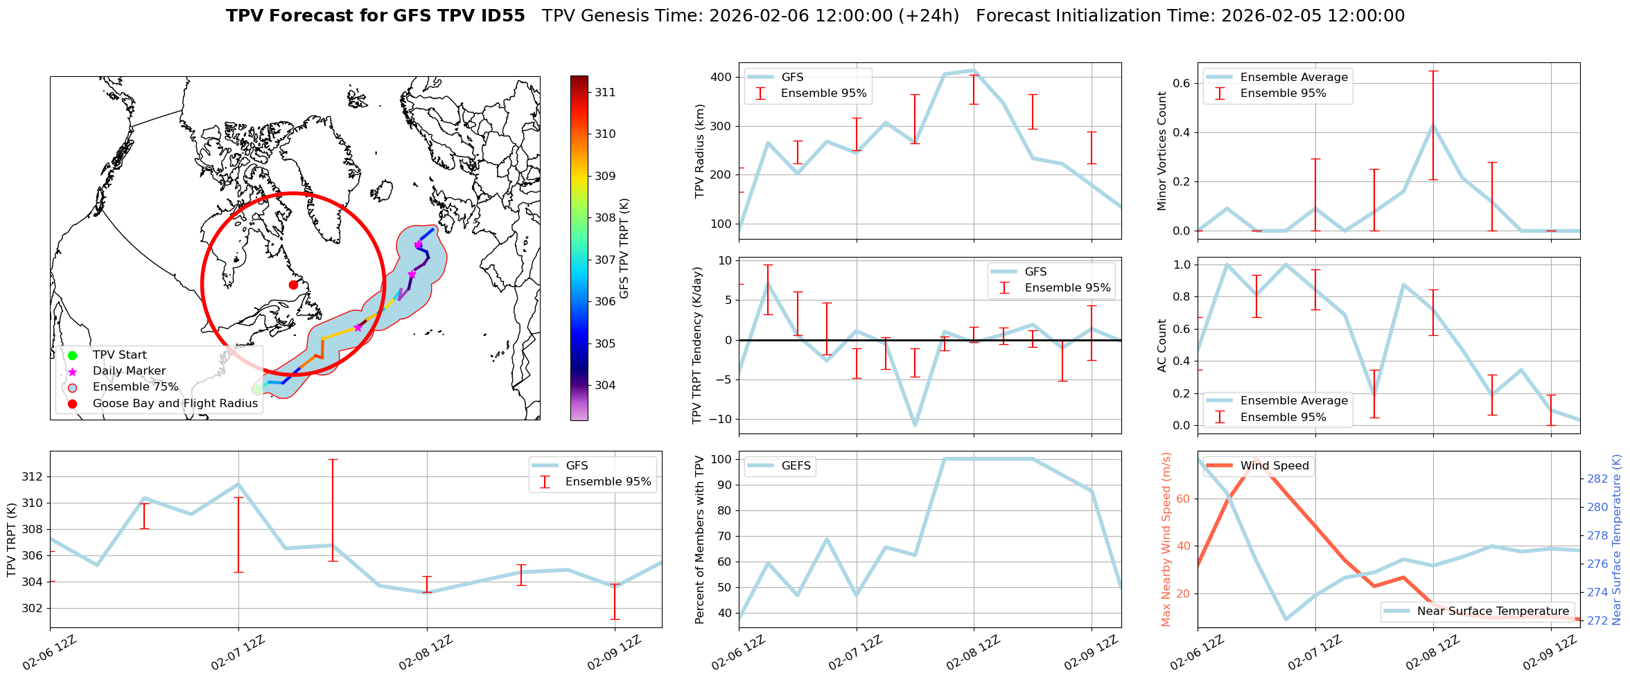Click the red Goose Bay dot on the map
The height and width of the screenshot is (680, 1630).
coord(293,285)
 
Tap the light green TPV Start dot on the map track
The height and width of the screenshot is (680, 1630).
coord(258,389)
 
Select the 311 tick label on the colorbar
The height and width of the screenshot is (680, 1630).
coord(605,92)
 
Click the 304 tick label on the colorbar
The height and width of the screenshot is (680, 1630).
coord(605,385)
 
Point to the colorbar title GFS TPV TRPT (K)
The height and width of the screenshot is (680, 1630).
coord(624,249)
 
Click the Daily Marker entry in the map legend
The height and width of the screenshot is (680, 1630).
coord(129,371)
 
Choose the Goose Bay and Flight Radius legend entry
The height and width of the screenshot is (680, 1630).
coord(175,404)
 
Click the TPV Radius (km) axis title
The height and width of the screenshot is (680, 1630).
coord(700,151)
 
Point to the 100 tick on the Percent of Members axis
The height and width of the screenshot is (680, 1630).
coord(722,459)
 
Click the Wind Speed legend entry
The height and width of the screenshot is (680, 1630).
coord(1274,466)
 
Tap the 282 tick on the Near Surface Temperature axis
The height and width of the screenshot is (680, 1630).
coord(1597,478)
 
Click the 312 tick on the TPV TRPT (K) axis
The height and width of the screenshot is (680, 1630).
coord(32,476)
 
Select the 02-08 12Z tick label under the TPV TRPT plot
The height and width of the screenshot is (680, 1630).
coord(426,652)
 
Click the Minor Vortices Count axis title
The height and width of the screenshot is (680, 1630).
coord(1162,151)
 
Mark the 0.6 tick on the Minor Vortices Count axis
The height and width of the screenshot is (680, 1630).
coord(1182,83)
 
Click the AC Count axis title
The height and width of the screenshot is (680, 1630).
coord(1162,346)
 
